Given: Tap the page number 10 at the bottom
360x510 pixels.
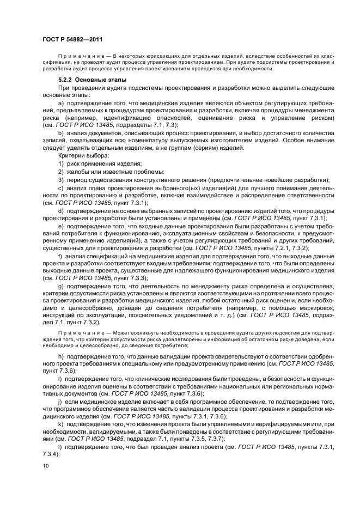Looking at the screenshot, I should point(45,466).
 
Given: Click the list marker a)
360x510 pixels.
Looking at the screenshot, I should point(60,103).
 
